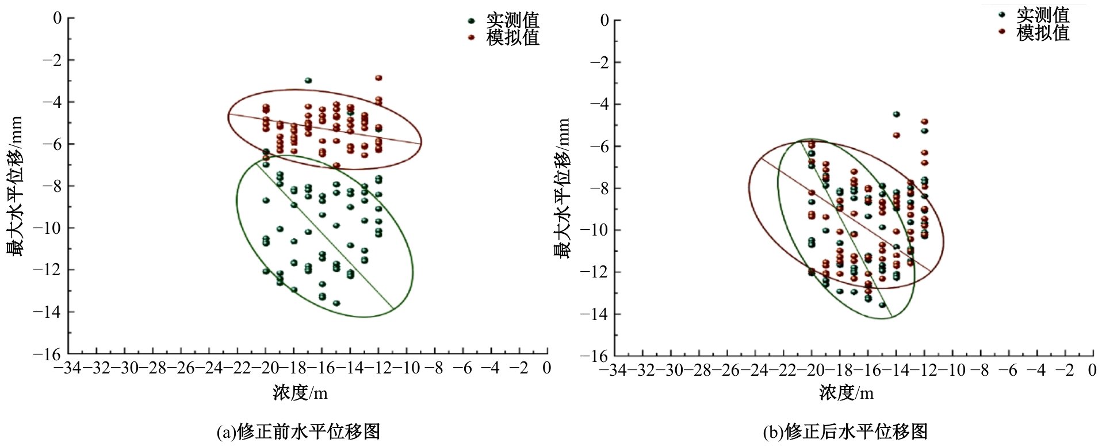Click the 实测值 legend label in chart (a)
tap(512, 20)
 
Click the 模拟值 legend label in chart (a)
tap(512, 37)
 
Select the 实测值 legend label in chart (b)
tap(1043, 15)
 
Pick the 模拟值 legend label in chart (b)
tap(1043, 33)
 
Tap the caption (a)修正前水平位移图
tap(299, 431)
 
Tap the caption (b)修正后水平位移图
tap(845, 431)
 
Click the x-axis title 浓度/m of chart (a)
tap(300, 393)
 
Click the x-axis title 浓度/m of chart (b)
tap(846, 393)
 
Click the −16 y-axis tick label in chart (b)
tap(594, 356)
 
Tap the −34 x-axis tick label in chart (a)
tap(68, 368)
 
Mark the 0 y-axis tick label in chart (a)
tap(57, 18)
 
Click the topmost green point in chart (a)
tap(308, 80)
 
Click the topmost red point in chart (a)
tap(378, 78)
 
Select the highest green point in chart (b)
tap(896, 114)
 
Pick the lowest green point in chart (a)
tap(336, 303)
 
